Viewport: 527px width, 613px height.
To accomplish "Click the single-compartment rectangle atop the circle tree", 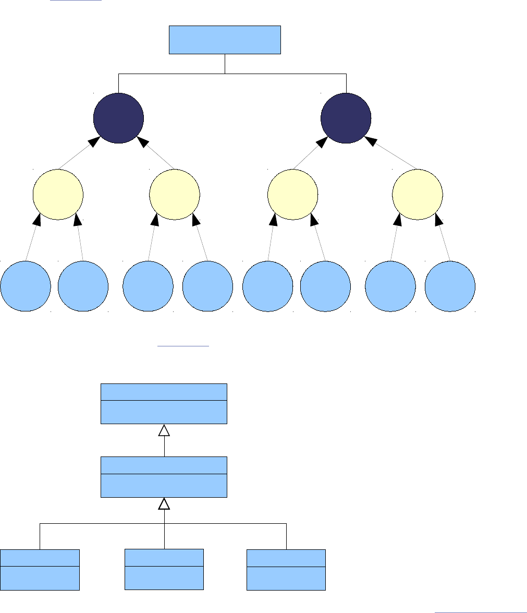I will tap(225, 40).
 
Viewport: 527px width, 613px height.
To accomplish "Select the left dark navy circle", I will tap(118, 118).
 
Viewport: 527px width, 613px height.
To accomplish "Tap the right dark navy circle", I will tap(346, 118).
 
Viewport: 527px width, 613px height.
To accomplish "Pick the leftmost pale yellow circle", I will tap(58, 194).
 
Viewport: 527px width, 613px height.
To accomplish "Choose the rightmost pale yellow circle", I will tap(417, 194).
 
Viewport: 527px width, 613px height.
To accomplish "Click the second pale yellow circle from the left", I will tap(175, 194).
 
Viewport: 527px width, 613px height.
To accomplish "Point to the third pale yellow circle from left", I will tap(292, 194).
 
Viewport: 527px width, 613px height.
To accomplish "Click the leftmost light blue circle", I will tap(26, 286).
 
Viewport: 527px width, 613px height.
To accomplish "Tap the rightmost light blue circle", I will tap(450, 286).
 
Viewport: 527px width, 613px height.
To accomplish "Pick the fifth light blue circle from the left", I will tap(268, 286).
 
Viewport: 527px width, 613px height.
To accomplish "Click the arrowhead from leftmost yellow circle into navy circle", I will tap(94, 141).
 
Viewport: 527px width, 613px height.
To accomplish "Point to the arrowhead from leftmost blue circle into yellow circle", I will tap(36, 220).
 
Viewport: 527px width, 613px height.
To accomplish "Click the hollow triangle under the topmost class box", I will tap(164, 430).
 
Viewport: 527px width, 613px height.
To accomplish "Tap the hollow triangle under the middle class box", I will tap(164, 503).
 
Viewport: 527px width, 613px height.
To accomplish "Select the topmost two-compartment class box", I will tap(164, 404).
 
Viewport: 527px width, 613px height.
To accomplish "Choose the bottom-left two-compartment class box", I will tap(40, 570).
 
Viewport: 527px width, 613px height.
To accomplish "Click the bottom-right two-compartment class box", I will tap(286, 570).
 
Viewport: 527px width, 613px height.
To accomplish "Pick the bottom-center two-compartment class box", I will tap(164, 570).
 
